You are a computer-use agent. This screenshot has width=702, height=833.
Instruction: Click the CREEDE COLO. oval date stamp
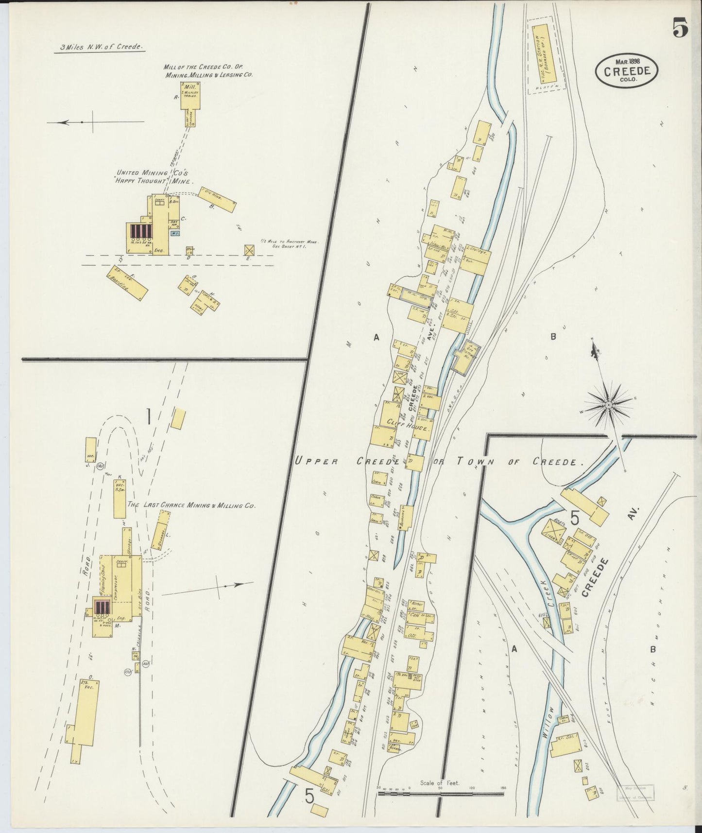tap(627, 71)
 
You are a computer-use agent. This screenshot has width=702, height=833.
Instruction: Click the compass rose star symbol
tap(608, 404)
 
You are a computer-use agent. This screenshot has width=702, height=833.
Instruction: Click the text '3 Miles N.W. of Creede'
tap(100, 48)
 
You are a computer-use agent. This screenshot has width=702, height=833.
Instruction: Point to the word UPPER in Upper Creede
tap(316, 461)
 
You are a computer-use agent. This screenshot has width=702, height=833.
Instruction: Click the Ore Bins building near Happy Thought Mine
tap(217, 200)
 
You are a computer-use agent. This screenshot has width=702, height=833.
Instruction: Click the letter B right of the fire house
tap(553, 336)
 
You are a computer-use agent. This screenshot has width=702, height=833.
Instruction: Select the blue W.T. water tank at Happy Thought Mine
tap(174, 233)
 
